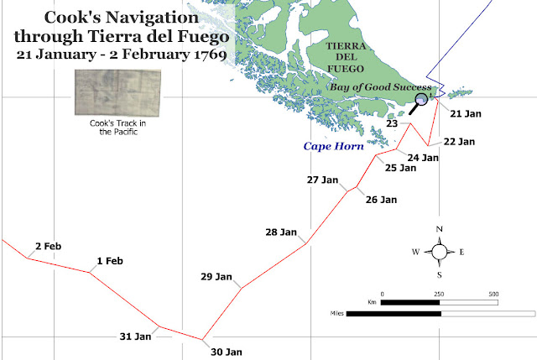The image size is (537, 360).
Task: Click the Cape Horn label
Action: (x=334, y=146)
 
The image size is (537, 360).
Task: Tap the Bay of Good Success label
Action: (x=380, y=87)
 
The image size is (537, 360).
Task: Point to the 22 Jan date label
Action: (x=460, y=141)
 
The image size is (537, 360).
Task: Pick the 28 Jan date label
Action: (x=282, y=232)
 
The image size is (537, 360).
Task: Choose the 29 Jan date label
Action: (x=216, y=276)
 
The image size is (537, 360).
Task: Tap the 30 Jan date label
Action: (x=227, y=352)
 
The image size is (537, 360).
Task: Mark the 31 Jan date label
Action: (x=135, y=337)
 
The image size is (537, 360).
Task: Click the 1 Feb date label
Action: (x=110, y=261)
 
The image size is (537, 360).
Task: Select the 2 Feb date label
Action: (x=48, y=246)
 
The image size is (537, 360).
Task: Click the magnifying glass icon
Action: (x=420, y=103)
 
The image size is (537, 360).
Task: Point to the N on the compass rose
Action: (x=440, y=229)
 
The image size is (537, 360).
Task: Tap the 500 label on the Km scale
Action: (x=493, y=294)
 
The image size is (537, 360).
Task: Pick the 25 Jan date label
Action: (x=400, y=168)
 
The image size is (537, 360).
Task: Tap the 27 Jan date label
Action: (x=323, y=180)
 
